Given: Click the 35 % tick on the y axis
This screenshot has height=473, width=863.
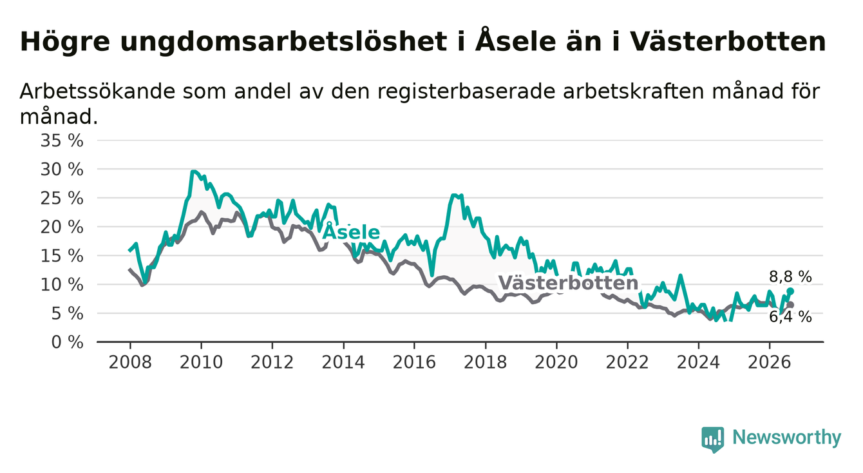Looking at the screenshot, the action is point(62,140).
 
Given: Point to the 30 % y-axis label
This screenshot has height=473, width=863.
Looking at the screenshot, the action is point(62,169).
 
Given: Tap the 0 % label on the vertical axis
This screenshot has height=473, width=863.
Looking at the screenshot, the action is point(67,342).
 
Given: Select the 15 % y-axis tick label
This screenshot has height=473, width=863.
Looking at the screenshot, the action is point(62,256).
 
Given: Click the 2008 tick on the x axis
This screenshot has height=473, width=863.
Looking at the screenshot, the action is point(130,362).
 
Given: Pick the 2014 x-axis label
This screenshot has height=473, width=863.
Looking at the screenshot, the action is point(343,362).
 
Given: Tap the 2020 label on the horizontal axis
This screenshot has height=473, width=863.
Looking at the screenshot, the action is point(556,362).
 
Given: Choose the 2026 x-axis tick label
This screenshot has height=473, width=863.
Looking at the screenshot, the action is point(770,362).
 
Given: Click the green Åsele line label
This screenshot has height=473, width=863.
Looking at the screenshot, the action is point(351,232).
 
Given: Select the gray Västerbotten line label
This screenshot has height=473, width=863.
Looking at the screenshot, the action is point(568,283).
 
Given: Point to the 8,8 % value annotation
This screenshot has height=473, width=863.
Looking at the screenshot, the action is point(791,277).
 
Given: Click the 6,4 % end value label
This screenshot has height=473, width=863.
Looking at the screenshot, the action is point(791,317).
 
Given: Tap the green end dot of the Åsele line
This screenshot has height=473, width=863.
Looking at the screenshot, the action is point(790,291).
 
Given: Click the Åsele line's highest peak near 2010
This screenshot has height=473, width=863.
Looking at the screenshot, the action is point(193,171).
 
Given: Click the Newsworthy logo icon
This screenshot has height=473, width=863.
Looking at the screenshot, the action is point(713,439).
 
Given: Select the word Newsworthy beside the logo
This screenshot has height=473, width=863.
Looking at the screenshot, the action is point(787,438).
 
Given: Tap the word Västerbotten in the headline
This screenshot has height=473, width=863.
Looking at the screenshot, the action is point(728,41).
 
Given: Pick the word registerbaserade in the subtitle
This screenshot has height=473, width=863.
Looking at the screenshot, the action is point(466,92).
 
